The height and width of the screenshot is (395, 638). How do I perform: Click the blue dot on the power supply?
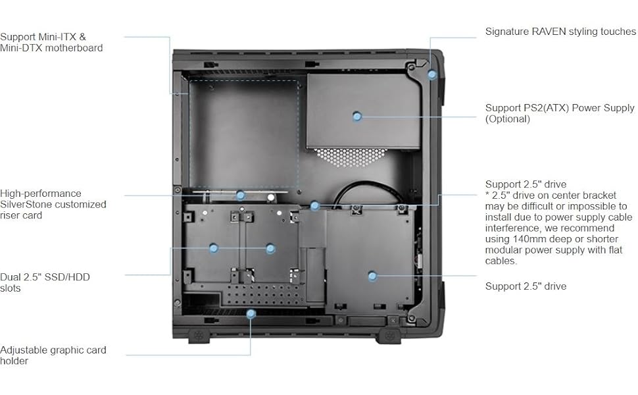(x=357, y=116)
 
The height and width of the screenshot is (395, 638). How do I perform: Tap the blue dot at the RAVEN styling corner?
(x=432, y=74)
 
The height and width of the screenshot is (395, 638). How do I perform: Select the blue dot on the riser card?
(x=241, y=195)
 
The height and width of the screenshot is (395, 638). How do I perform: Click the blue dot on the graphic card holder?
(x=251, y=313)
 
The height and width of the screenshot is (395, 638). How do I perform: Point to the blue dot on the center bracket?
(x=315, y=206)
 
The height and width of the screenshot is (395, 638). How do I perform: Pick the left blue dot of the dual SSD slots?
(x=213, y=248)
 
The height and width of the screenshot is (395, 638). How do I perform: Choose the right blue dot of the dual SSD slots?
(x=270, y=248)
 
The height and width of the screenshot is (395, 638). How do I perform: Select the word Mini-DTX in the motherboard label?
(x=22, y=47)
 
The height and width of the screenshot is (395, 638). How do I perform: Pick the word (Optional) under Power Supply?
(x=508, y=119)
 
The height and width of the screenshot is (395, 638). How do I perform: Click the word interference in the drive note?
(x=512, y=228)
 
